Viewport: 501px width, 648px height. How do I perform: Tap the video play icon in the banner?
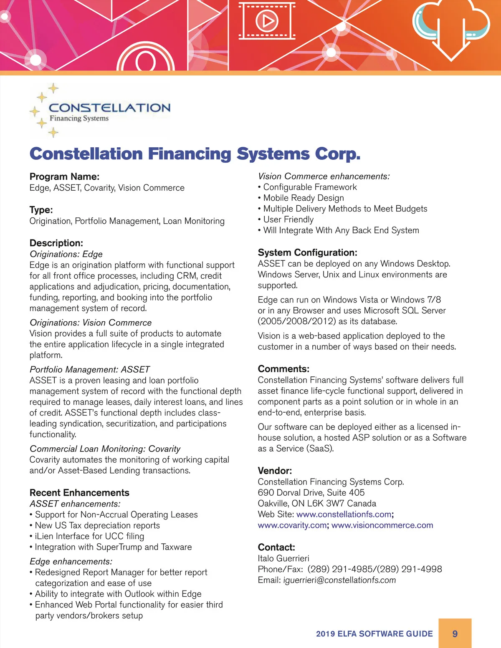267,20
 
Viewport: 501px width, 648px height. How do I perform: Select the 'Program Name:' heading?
64,176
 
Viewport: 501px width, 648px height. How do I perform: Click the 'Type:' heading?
41,209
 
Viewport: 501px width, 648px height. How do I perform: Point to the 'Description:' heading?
56,243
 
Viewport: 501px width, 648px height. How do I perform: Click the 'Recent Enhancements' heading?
79,492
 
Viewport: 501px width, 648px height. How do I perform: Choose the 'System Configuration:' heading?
307,252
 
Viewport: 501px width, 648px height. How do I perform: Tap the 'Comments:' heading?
283,369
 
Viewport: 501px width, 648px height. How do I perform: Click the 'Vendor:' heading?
275,471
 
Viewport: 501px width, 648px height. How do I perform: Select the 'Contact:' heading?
276,547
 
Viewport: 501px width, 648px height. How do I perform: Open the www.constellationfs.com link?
344,514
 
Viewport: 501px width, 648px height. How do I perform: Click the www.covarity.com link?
292,525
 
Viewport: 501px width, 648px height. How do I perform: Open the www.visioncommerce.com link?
382,525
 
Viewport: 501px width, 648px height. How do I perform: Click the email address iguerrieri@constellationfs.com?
339,580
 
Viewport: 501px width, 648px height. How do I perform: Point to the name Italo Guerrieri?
283,558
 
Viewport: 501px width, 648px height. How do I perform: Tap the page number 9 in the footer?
455,633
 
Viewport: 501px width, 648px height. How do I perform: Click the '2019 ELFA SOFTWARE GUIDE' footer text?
374,634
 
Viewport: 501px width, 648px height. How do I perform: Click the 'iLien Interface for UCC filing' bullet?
89,536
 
